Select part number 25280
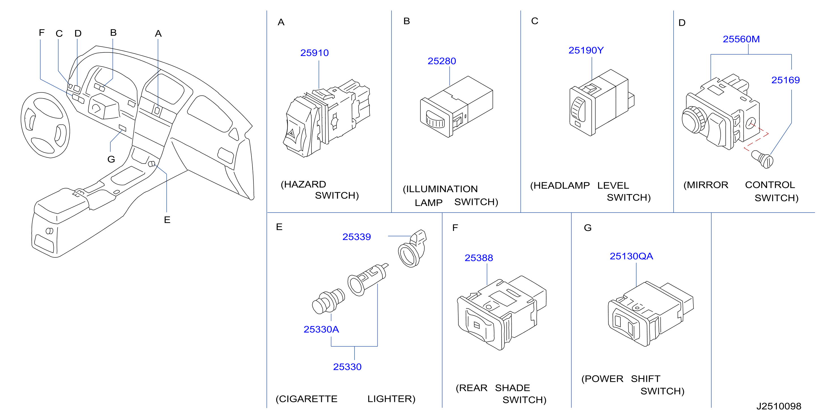(442, 61)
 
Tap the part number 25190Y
(586, 50)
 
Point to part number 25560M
(741, 39)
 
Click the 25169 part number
(785, 80)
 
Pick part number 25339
(356, 237)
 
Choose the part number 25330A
(321, 329)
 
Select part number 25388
(479, 258)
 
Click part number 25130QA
(631, 256)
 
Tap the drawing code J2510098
(779, 406)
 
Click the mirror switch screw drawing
(763, 159)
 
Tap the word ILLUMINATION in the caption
(442, 189)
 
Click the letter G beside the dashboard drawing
(111, 159)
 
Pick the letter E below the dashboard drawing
(167, 220)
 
